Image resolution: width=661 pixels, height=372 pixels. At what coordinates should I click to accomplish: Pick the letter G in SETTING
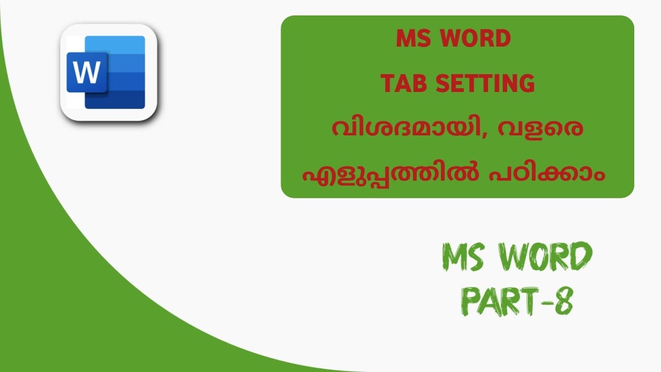coord(526,84)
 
